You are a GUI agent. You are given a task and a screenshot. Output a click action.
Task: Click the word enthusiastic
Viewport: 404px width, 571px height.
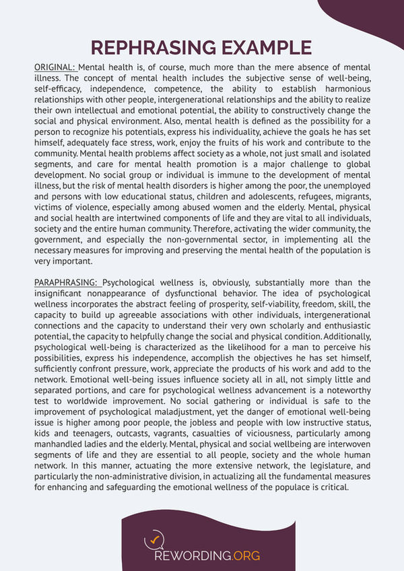pos(339,325)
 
